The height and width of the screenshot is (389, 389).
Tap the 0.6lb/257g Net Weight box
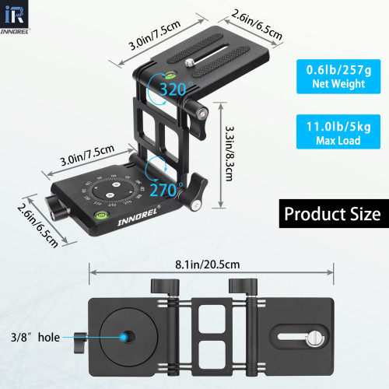coord(334,75)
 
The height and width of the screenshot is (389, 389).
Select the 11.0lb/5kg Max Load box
coord(334,131)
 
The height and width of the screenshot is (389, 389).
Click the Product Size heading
coord(331,213)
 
